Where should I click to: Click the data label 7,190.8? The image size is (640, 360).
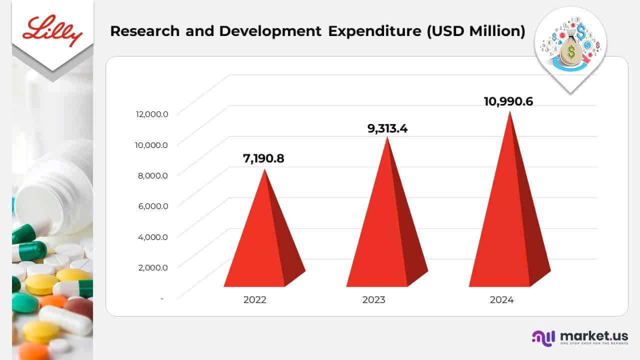point(263,159)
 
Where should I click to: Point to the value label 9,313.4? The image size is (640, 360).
point(387,128)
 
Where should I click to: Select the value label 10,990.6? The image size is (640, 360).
point(508,101)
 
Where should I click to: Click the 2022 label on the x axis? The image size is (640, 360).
point(255,300)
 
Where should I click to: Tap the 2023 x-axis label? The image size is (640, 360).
point(374,300)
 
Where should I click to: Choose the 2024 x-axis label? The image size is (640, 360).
point(502,300)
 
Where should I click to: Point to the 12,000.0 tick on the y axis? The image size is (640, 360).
point(151,114)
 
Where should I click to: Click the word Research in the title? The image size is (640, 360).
point(145,31)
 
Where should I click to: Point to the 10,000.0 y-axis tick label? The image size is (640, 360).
point(151,144)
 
